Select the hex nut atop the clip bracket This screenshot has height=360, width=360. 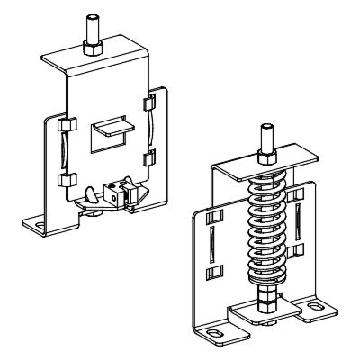(x=90, y=46)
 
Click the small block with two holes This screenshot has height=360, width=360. (x=114, y=190)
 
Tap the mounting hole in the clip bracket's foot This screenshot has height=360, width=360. (x=39, y=223)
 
